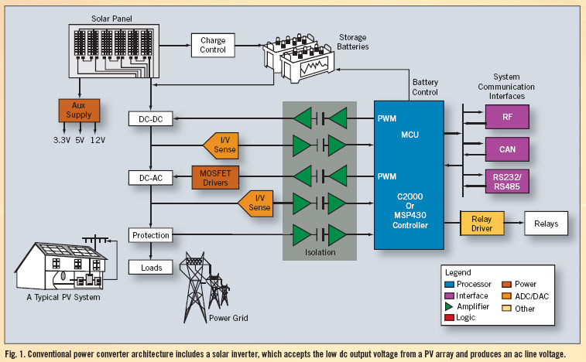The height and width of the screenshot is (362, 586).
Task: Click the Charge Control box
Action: point(212,44)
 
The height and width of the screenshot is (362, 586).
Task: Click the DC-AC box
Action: point(148,177)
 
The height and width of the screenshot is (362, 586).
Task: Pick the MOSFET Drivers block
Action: point(215,177)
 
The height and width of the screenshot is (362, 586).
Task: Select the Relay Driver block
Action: point(481,224)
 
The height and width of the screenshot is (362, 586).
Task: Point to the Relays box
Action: point(546,224)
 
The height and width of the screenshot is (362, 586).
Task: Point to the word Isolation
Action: point(321,251)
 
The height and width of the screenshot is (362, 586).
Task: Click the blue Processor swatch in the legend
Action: point(450,285)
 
